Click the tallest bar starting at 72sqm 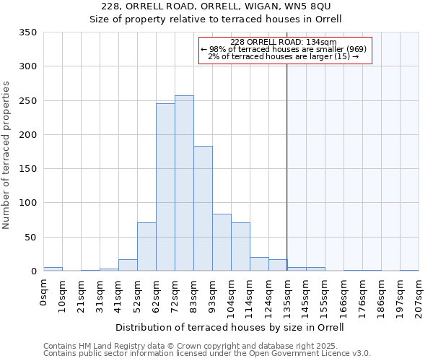(184, 183)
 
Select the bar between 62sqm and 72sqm (165, 187)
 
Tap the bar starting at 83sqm (203, 209)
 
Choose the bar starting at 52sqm (146, 247)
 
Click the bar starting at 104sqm (240, 247)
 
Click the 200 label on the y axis (28, 135)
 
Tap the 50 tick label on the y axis (30, 238)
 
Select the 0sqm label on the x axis (44, 293)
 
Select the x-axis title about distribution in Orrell (229, 328)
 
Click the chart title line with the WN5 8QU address (216, 6)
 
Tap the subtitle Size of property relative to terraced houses (216, 19)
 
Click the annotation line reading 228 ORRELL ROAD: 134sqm (284, 42)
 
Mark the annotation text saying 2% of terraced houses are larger (284, 56)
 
